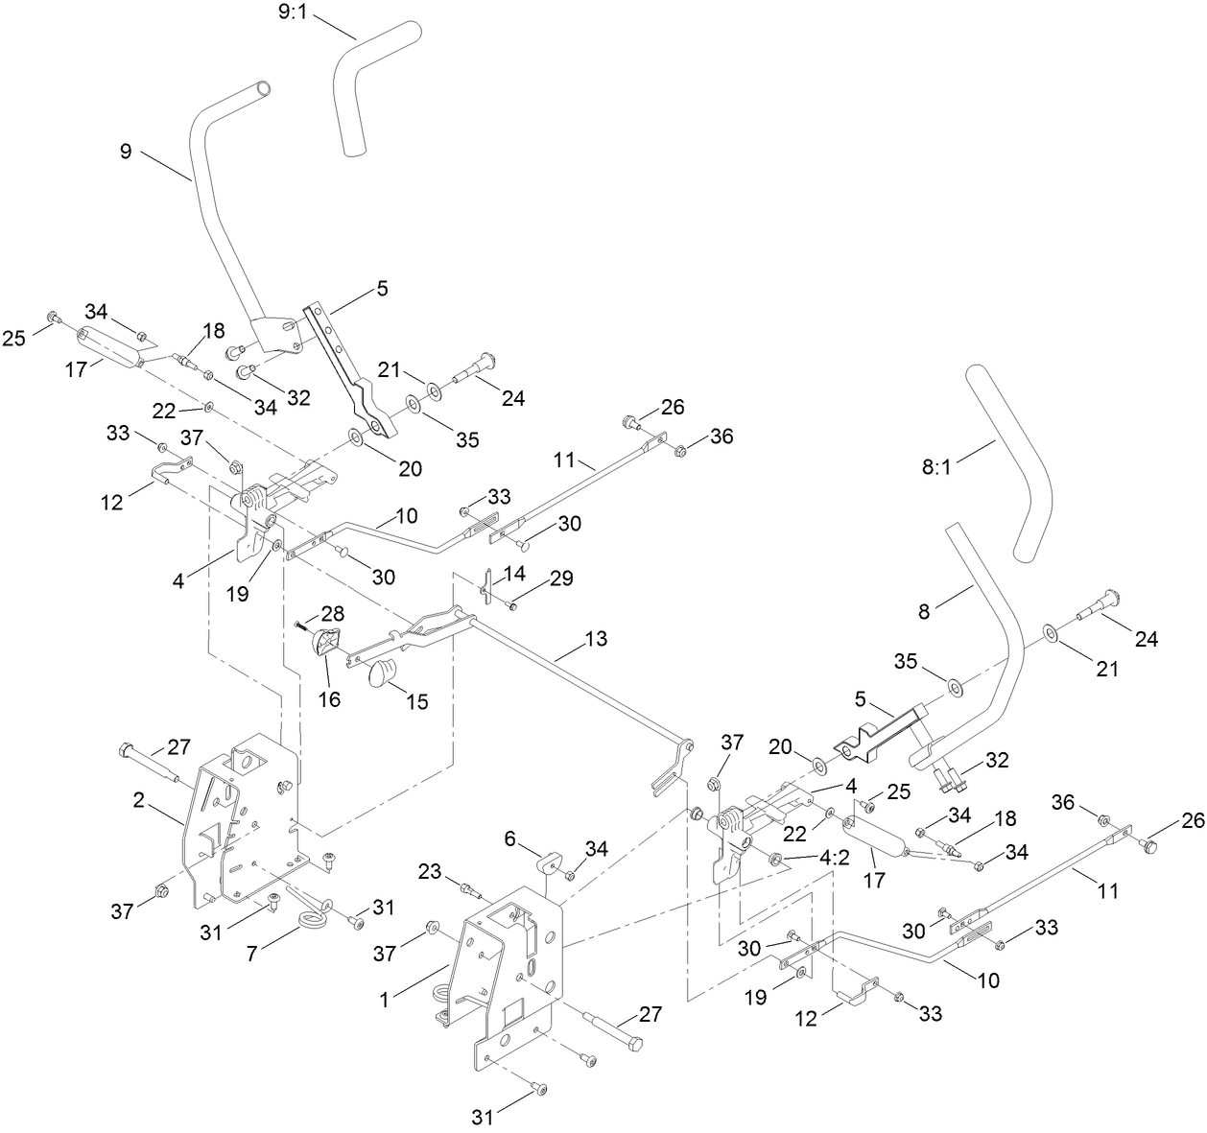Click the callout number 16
point(329,699)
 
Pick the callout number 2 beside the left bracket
point(139,801)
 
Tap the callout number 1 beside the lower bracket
point(384,1000)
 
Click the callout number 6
point(510,838)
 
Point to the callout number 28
point(332,612)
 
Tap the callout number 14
point(514,572)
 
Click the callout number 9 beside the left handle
point(126,152)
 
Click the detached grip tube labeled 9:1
point(376,82)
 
